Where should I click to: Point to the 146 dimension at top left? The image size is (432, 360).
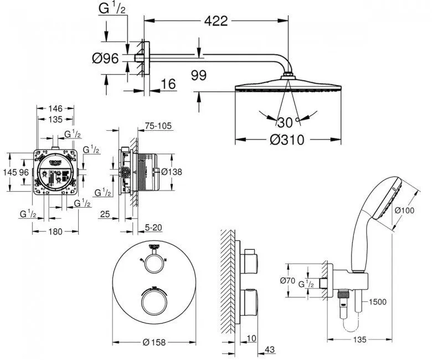[54, 109]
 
